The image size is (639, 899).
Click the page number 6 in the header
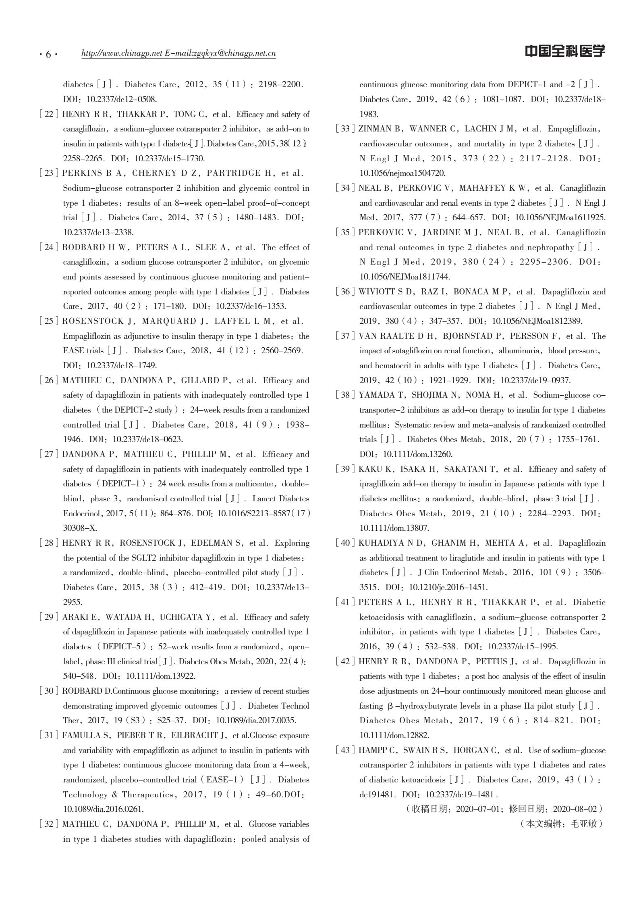click(48, 54)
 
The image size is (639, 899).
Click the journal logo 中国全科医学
click(564, 51)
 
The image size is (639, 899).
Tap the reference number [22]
click(49, 114)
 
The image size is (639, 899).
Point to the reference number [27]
click(49, 454)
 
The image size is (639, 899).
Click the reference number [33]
click(346, 129)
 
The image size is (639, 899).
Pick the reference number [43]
click(346, 750)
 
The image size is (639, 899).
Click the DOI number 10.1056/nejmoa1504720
click(402, 173)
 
